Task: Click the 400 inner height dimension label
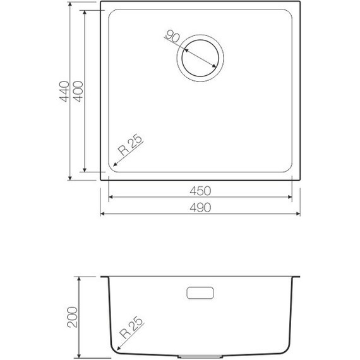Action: click(78, 92)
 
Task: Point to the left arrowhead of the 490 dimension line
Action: click(104, 214)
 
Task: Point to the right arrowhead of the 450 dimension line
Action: click(291, 198)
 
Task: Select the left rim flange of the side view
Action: click(105, 278)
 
